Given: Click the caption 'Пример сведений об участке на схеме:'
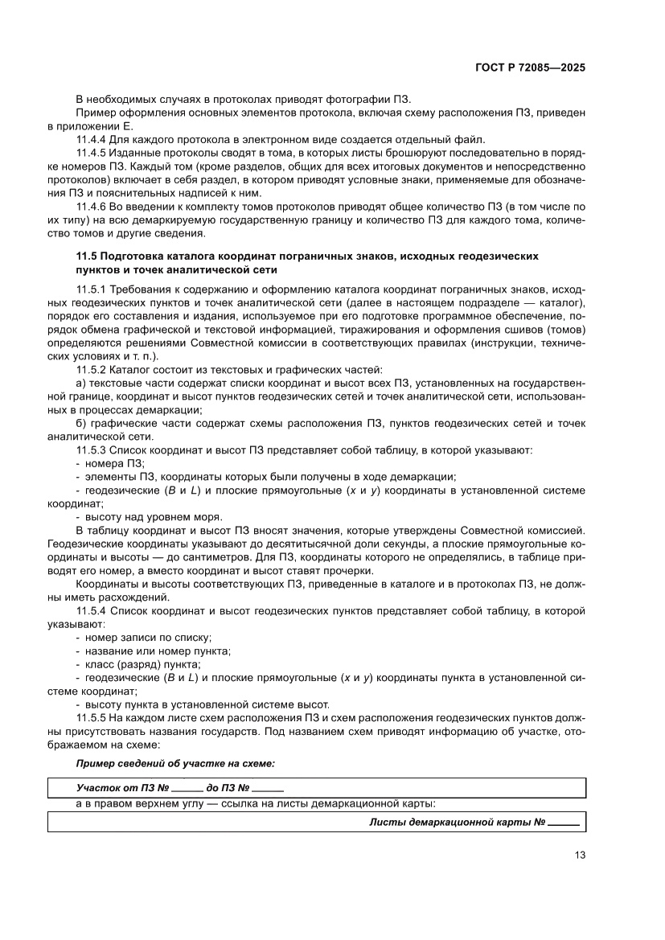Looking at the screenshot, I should (x=175, y=761).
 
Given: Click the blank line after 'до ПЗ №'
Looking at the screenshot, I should (x=268, y=789).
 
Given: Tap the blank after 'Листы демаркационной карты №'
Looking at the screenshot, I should (x=564, y=823).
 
